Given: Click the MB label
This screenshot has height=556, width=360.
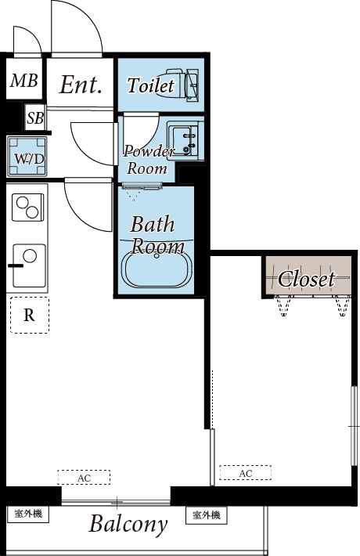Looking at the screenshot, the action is [23, 81].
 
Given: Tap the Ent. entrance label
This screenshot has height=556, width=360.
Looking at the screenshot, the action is [81, 85].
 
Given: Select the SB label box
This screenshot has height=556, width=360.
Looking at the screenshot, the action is [35, 117].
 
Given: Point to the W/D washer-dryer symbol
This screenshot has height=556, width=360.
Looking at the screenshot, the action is [27, 157].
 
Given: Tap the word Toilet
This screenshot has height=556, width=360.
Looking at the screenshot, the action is [151, 85].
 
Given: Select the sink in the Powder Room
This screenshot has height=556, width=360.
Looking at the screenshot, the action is [185, 140].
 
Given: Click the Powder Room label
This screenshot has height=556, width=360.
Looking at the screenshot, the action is [148, 160].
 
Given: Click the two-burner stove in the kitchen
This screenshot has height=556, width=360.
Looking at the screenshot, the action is [27, 208].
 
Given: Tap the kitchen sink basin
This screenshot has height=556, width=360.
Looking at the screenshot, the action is [29, 265].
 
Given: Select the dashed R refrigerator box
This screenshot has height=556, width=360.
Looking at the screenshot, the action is [30, 315].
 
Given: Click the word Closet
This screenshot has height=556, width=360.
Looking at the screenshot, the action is [307, 279].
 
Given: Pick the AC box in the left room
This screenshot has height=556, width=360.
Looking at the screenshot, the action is [84, 477].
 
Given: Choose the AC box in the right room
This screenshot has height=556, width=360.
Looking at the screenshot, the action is [246, 473].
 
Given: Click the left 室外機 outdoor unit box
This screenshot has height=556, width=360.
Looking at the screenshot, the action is [28, 514].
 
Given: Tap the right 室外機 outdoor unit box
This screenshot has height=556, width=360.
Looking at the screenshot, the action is [207, 514].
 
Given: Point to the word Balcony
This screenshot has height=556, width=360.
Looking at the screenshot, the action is [128, 524].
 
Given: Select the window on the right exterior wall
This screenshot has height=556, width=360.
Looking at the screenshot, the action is [354, 425].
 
